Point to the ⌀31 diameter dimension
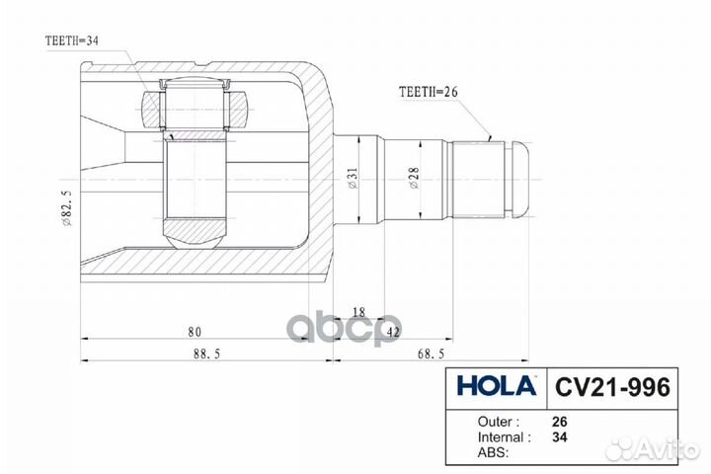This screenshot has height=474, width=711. [x=352, y=178]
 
